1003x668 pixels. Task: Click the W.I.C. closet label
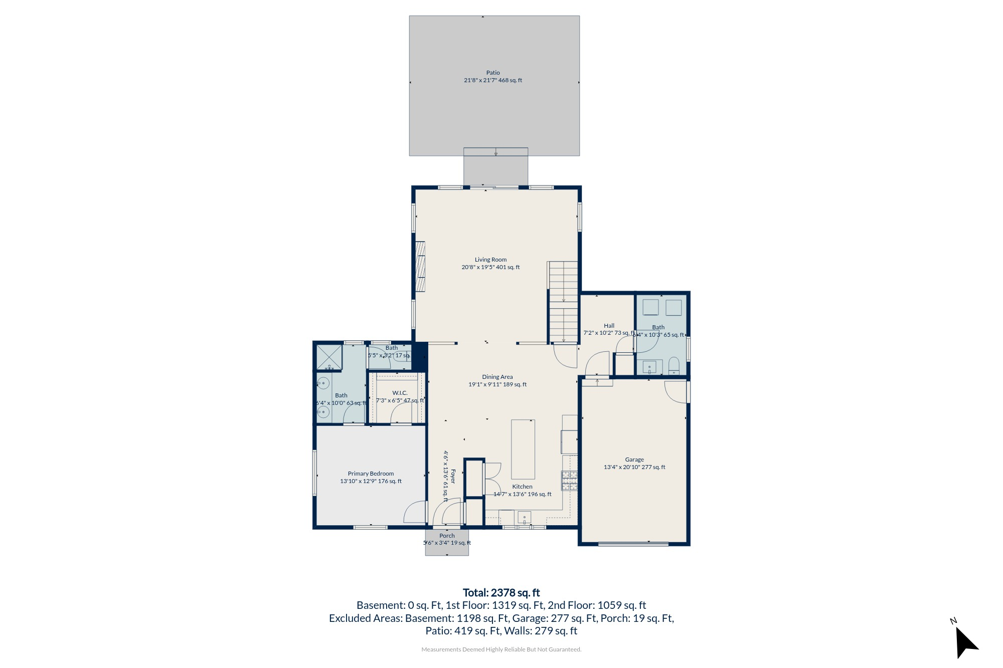(400, 393)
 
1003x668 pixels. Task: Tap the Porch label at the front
(447, 536)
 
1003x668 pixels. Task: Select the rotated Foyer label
(453, 476)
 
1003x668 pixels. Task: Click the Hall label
(609, 326)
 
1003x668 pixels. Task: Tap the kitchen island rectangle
(523, 449)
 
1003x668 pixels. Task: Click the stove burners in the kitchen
(569, 480)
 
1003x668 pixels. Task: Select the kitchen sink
(524, 517)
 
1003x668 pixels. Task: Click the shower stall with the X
(329, 357)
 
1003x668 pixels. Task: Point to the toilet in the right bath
(674, 365)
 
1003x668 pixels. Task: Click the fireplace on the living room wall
(420, 266)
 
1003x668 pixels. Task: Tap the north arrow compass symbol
(965, 641)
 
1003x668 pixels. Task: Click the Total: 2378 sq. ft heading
(501, 593)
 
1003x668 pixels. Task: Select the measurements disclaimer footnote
(501, 649)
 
